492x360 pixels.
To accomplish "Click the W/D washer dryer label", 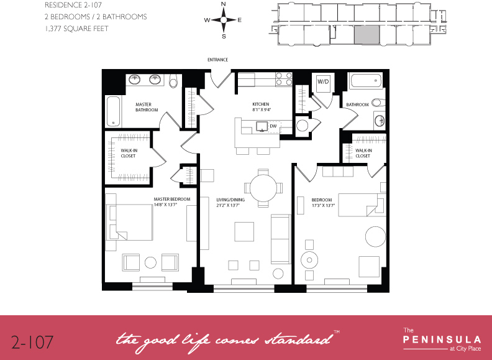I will [x=322, y=81].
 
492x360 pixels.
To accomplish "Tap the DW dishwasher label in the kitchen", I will [x=273, y=126].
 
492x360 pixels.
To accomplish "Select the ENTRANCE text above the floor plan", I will [x=218, y=60].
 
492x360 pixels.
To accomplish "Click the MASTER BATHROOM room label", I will [x=147, y=107].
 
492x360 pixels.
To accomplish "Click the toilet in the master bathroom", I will [x=173, y=81].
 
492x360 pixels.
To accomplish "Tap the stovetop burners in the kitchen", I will [x=284, y=79].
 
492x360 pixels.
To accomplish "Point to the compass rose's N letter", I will [x=223, y=5].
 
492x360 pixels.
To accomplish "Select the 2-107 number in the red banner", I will [x=32, y=341].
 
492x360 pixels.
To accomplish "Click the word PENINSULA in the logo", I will [x=442, y=339].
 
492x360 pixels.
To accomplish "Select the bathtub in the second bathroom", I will [x=364, y=81].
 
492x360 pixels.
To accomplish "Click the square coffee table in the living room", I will [x=244, y=231].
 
